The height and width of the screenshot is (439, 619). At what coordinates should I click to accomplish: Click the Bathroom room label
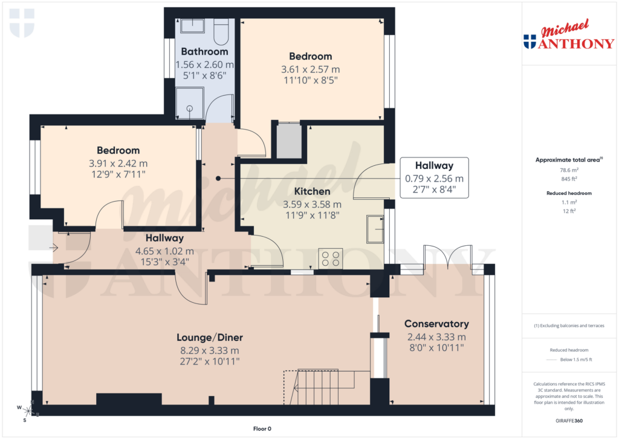[205, 51]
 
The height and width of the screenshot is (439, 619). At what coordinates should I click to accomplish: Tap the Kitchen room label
[312, 191]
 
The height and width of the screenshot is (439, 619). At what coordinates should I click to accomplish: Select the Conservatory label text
[436, 324]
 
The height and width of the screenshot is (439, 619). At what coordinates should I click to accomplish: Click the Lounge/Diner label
[209, 337]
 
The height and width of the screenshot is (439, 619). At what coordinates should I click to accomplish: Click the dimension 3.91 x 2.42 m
[118, 163]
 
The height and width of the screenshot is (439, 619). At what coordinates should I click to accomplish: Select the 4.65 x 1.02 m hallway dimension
[164, 251]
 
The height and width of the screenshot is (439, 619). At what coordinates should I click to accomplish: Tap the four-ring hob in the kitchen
[331, 259]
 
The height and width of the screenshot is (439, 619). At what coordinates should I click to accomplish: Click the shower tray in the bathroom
[190, 104]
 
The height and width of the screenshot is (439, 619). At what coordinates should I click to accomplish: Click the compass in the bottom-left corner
[25, 412]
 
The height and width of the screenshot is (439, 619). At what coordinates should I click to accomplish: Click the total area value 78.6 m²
[568, 170]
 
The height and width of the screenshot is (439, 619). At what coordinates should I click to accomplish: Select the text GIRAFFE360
[568, 420]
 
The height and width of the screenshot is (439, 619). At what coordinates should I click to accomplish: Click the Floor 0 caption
[263, 429]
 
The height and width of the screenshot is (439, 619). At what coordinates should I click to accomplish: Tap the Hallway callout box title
[433, 165]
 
